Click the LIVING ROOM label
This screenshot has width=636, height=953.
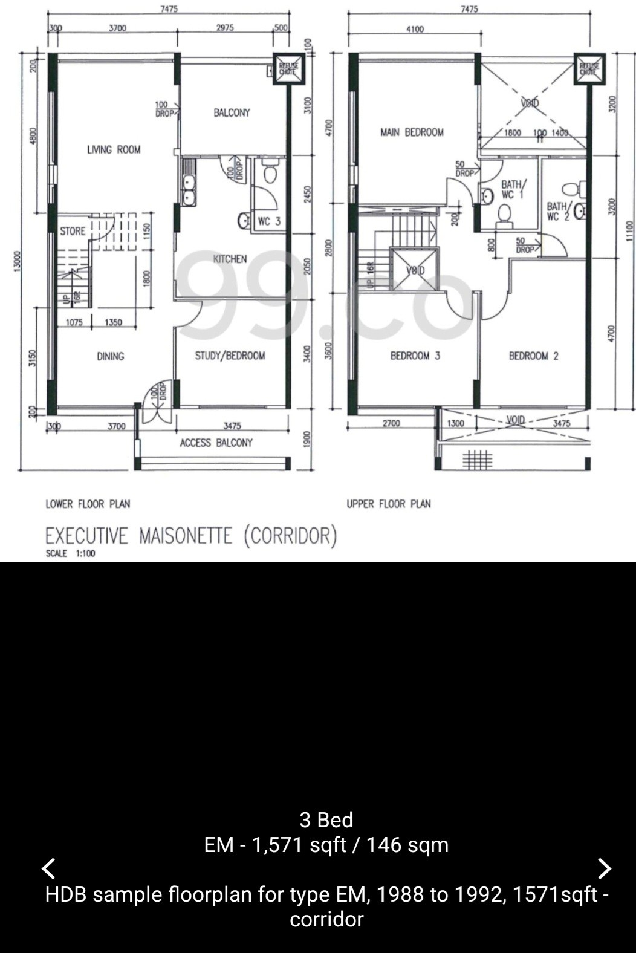click(x=114, y=149)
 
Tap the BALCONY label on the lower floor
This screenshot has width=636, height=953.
click(x=232, y=112)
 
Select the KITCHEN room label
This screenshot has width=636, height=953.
click(x=230, y=259)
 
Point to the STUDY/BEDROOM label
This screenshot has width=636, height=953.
click(x=230, y=356)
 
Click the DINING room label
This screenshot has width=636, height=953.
click(x=110, y=356)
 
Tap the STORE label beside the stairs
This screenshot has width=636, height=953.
click(x=73, y=231)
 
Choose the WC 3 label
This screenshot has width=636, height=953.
click(x=269, y=221)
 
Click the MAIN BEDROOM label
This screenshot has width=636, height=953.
click(x=412, y=132)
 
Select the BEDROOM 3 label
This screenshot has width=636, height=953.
click(x=415, y=356)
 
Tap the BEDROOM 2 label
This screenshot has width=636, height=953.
click(x=533, y=356)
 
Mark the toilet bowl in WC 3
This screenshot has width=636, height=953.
click(x=270, y=173)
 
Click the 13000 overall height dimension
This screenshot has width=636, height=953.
click(x=17, y=261)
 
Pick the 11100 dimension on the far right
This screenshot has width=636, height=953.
click(x=629, y=230)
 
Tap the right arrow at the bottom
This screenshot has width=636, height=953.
click(x=604, y=868)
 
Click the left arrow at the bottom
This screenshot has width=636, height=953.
click(x=49, y=868)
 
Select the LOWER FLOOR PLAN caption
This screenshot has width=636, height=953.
click(x=88, y=504)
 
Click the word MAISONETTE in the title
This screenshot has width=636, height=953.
click(x=186, y=536)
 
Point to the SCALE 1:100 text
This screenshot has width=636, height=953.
click(x=70, y=553)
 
